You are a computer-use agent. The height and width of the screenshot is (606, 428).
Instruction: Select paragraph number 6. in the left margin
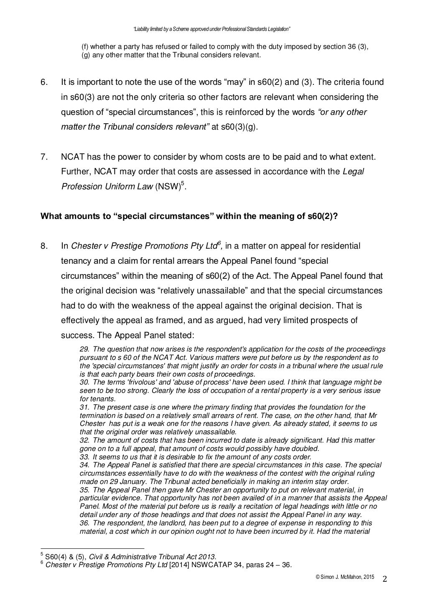[44, 82]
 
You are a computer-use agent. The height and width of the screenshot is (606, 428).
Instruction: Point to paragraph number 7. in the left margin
[44, 157]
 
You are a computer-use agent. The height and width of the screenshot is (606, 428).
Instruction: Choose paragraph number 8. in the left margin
[44, 246]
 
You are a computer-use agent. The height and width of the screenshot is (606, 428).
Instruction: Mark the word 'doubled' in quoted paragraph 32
[306, 449]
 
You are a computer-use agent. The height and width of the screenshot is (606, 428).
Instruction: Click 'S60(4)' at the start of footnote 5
[54, 557]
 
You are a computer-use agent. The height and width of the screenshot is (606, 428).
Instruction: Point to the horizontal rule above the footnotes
[92, 548]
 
